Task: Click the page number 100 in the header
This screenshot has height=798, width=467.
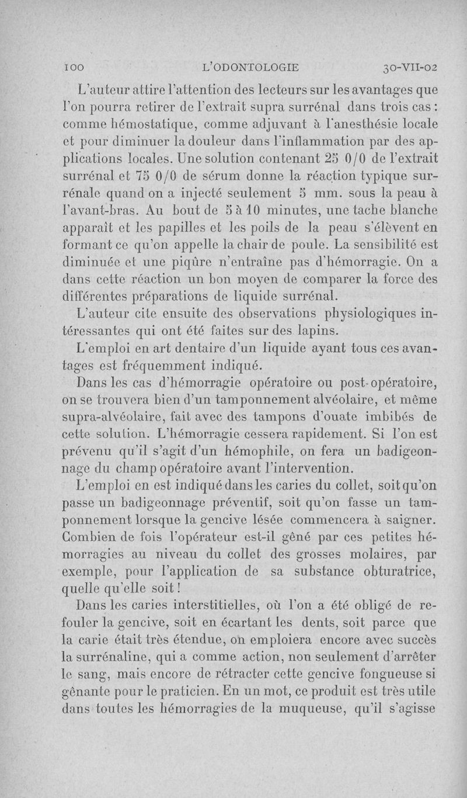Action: point(74,67)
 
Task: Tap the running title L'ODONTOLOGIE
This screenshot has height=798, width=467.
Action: point(250,67)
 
